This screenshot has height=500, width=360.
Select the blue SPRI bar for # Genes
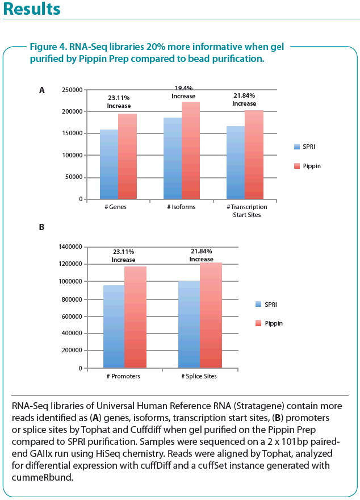tap(109, 165)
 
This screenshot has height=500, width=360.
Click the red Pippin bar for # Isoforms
tap(191, 151)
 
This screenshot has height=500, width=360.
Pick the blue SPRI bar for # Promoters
tap(113, 327)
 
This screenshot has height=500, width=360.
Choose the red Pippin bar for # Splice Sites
tap(210, 315)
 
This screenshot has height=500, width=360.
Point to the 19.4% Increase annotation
tap(183, 92)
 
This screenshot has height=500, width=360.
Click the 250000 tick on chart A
tap(71, 90)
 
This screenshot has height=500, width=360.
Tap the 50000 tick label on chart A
tap(73, 177)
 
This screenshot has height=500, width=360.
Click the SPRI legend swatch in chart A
tap(297, 147)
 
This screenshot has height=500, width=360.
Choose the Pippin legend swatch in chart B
tap(259, 323)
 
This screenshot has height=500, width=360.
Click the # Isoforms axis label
tap(182, 207)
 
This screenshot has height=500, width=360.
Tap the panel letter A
tap(41, 90)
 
